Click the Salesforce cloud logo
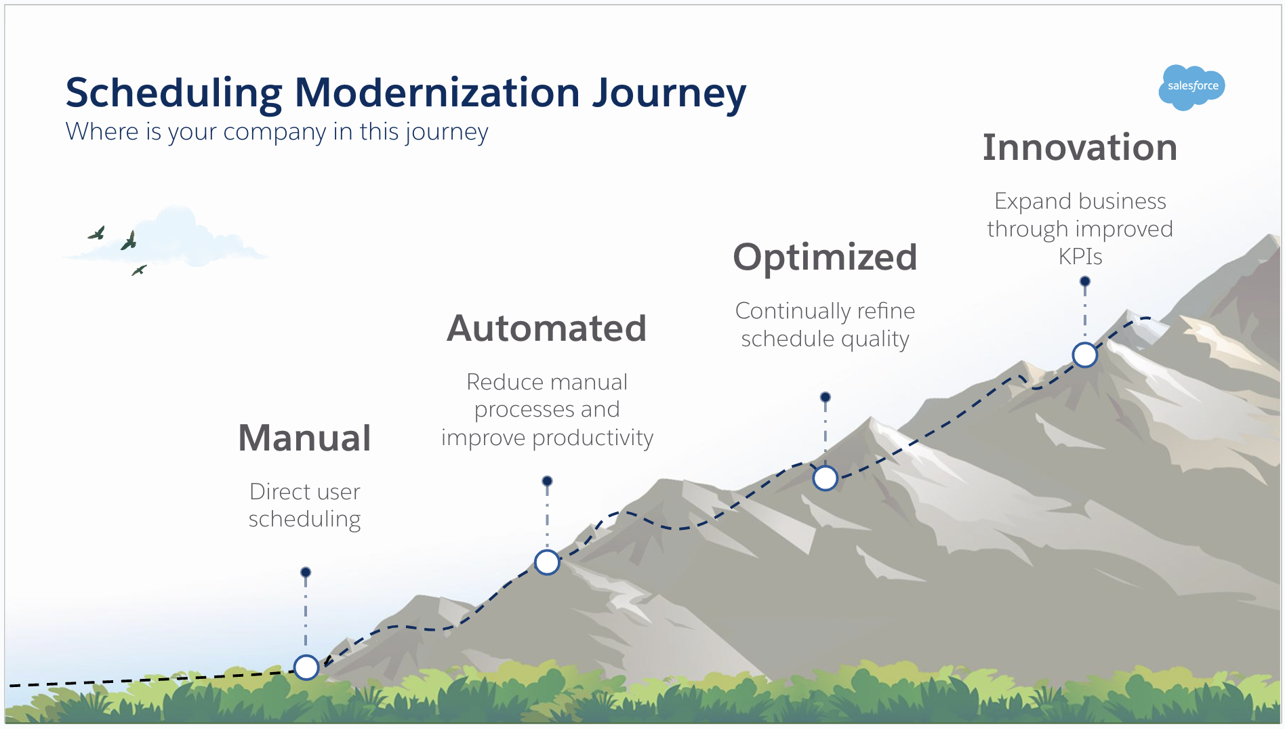(1191, 87)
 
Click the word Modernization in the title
(437, 93)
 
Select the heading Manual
(304, 438)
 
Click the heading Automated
(546, 329)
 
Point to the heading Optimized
(825, 257)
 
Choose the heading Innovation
(1080, 148)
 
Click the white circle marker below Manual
(306, 667)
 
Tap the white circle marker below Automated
(547, 562)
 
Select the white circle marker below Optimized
(825, 478)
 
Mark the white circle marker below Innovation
(1084, 354)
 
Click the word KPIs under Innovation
(1080, 257)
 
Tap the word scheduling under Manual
(304, 520)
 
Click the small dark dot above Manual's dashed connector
(306, 572)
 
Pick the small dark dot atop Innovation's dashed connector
(1085, 281)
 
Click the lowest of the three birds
(139, 270)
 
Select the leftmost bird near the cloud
(97, 234)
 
